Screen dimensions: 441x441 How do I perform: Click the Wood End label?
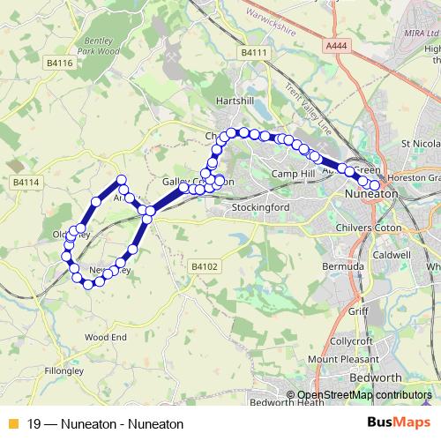[x=106, y=337]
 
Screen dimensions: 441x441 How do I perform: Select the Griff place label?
[x=358, y=310]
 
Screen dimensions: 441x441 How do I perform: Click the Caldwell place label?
[x=392, y=253]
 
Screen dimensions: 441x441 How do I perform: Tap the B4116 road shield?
[x=59, y=64]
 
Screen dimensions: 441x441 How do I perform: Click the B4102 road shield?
[x=203, y=265]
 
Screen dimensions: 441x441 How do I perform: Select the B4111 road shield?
[x=252, y=54]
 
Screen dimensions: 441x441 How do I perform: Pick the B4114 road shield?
[x=26, y=182]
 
